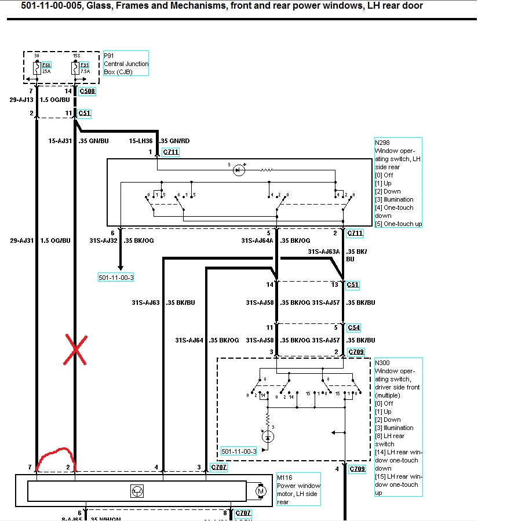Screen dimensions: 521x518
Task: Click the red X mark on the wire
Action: tap(75, 350)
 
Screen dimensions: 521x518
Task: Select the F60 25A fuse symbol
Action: tap(37, 68)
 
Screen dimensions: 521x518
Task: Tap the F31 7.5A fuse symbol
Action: tap(75, 68)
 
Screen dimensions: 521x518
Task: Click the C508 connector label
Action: tap(88, 91)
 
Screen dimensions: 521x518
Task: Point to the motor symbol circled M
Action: tap(261, 491)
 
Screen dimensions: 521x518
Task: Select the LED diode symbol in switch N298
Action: tap(238, 170)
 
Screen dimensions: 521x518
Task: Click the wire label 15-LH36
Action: tap(141, 141)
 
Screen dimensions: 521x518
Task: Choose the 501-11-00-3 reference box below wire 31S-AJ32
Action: tap(116, 278)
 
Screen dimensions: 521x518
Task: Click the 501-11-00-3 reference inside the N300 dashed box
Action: tap(238, 451)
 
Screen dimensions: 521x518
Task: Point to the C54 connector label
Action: tap(353, 327)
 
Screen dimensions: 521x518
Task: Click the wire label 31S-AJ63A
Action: tap(323, 252)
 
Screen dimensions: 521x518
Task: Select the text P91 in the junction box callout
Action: tap(109, 56)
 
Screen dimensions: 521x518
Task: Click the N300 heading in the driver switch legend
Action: tap(382, 363)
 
